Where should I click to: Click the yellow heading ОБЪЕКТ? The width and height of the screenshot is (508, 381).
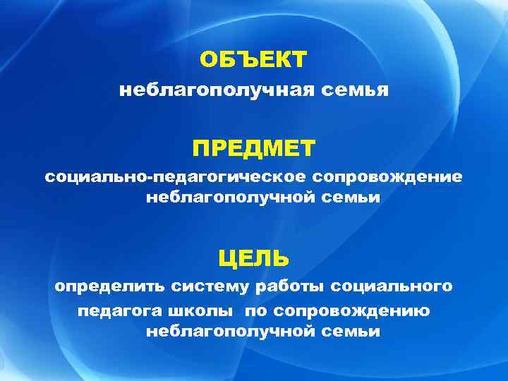tap(253, 59)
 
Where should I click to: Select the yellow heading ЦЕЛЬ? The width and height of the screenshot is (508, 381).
tap(253, 258)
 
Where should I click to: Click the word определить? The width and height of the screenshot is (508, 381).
tap(108, 287)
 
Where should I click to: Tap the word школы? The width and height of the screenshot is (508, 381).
tap(203, 311)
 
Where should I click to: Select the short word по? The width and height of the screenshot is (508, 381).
tap(255, 311)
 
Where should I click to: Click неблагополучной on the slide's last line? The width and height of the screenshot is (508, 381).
tap(228, 332)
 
